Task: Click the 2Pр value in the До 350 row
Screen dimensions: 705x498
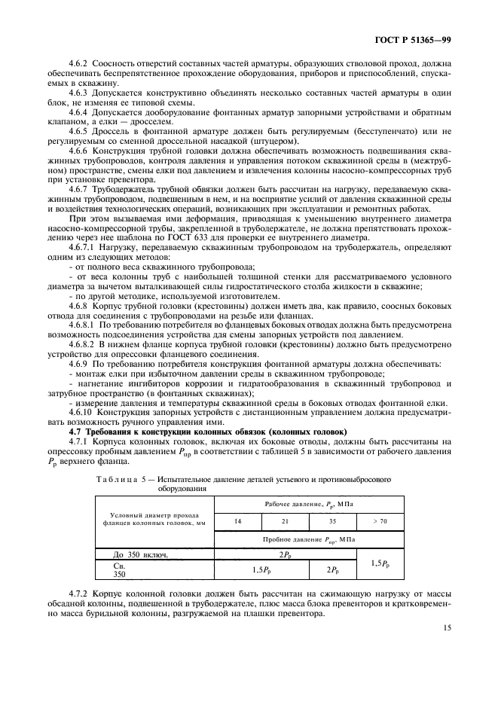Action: [286, 555]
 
